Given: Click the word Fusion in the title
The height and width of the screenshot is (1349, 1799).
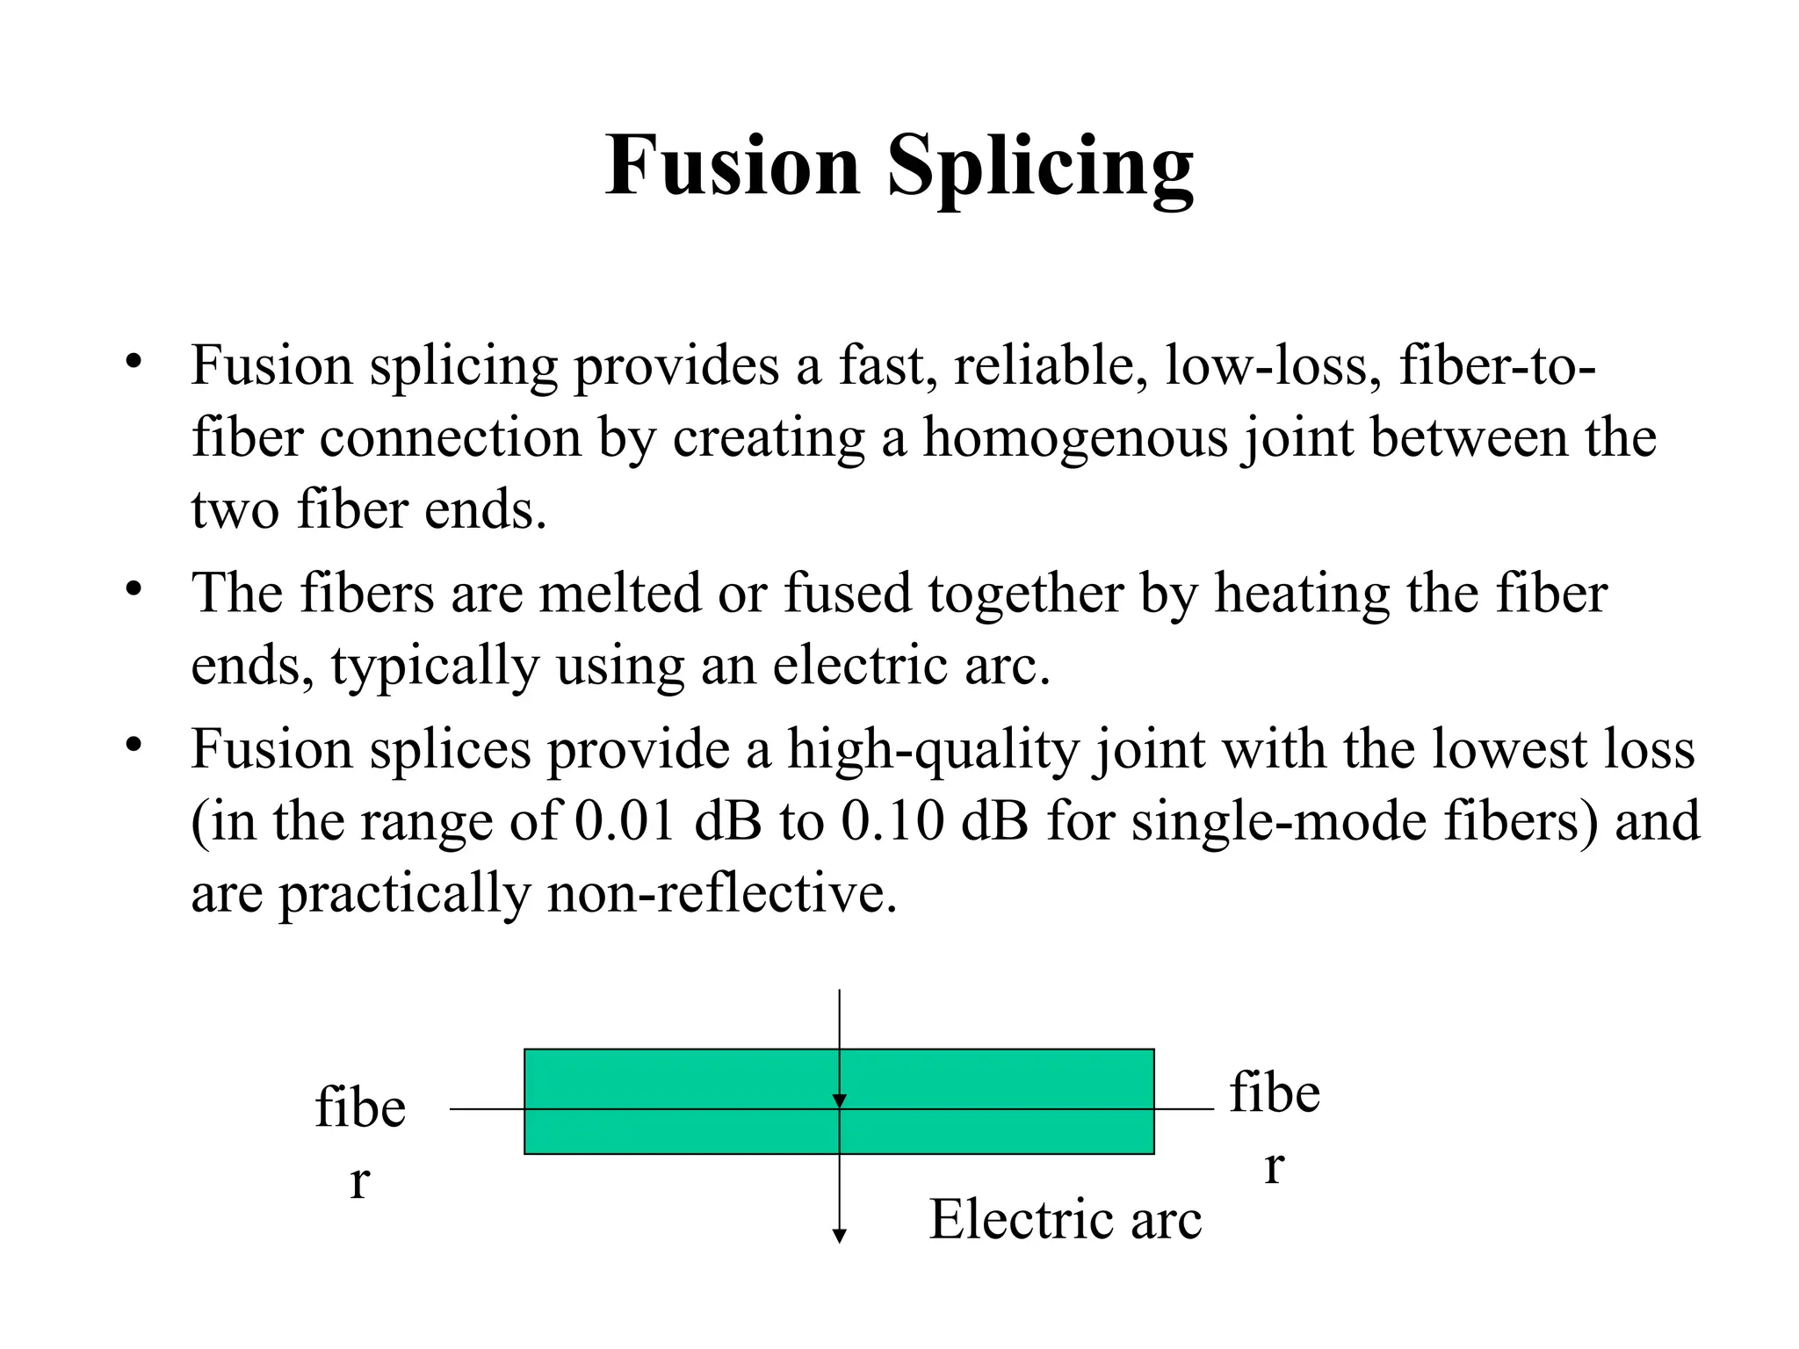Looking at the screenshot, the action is click(x=733, y=165).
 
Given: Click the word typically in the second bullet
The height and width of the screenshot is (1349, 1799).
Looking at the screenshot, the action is click(x=435, y=667).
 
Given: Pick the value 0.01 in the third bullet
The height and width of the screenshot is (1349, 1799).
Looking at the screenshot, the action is click(x=625, y=822).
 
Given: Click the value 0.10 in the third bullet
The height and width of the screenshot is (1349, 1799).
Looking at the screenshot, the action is click(x=892, y=822).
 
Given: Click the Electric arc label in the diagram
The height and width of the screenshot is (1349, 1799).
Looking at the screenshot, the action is click(x=1066, y=1219).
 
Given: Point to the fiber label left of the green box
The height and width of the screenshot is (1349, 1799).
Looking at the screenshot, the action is click(x=360, y=1143).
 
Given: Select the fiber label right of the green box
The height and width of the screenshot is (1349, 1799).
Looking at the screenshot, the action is click(x=1275, y=1129).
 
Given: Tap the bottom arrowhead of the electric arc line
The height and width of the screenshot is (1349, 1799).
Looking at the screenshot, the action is click(x=839, y=1236).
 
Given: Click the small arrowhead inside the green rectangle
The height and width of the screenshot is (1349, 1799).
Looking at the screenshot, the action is click(x=839, y=1101).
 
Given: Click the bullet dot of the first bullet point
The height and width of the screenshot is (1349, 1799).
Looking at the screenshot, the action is click(x=134, y=362).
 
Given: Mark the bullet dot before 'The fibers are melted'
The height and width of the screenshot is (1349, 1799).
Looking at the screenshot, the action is click(x=134, y=589).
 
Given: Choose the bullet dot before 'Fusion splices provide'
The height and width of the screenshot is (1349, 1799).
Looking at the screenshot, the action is click(x=134, y=746).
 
